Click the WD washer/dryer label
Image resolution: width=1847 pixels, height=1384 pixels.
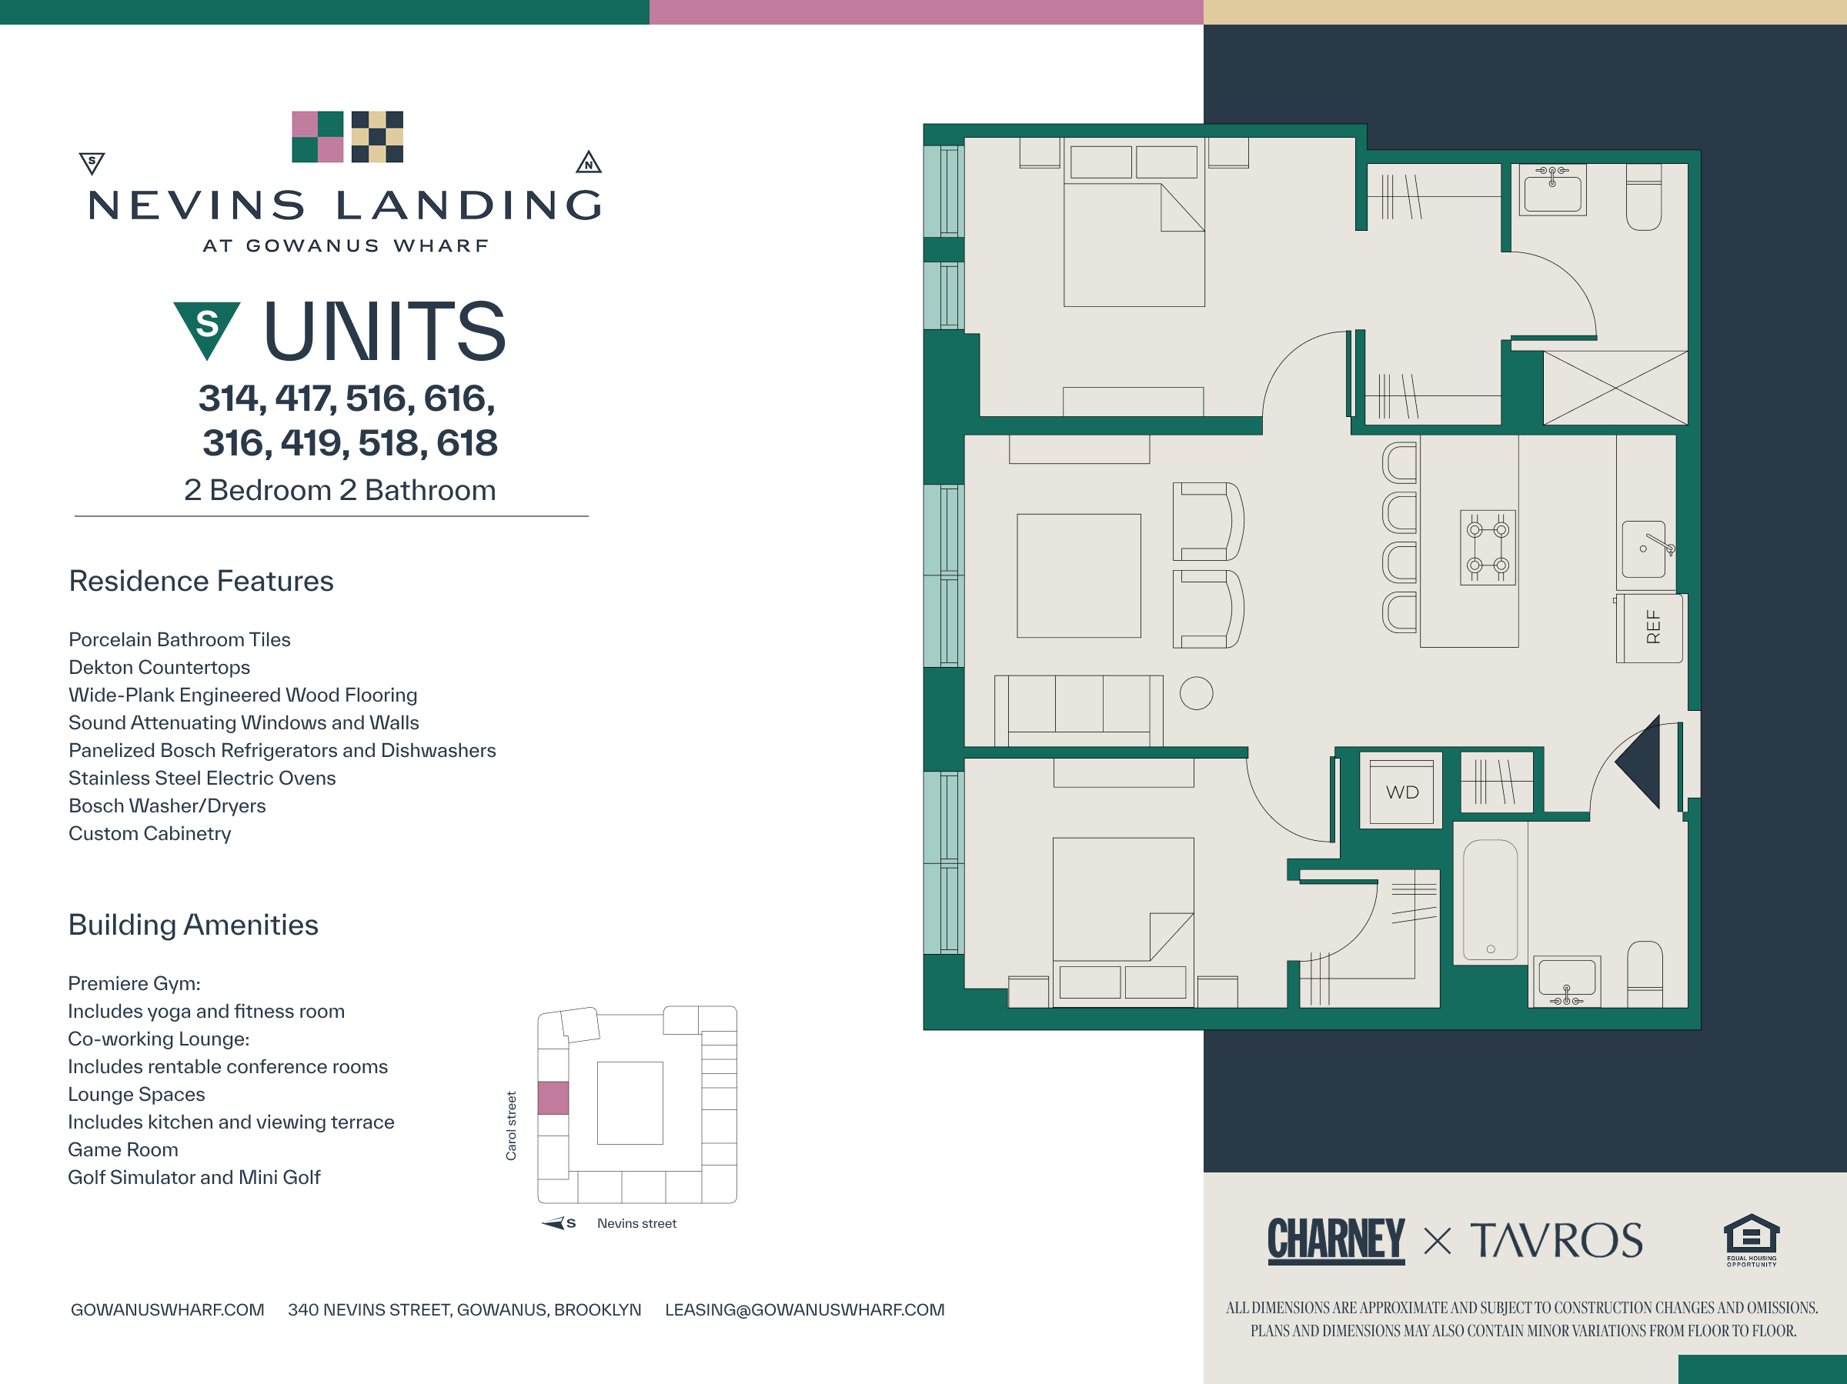1402,792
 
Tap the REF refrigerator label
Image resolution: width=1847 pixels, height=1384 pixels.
1652,627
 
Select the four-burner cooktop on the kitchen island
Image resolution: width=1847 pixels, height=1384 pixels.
1488,548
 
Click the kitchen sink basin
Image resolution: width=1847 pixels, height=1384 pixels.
1644,549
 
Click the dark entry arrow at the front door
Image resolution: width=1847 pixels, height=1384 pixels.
1638,762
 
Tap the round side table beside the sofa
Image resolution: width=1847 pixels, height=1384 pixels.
1197,693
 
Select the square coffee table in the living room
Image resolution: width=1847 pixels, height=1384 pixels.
1079,576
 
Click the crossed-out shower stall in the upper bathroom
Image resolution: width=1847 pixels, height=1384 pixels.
1615,389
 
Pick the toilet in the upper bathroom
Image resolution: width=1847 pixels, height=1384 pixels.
1644,197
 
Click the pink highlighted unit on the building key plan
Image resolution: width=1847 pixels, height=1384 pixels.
553,1098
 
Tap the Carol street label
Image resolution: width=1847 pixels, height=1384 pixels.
511,1126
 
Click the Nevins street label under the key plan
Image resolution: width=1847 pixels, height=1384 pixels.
636,1223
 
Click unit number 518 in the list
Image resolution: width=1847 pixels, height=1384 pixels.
392,443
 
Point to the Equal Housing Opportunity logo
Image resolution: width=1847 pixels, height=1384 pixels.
1752,1239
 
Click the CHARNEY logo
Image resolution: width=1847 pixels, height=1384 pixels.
1336,1239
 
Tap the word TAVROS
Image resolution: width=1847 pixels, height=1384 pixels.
1556,1240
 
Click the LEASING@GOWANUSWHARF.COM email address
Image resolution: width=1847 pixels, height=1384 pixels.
805,1309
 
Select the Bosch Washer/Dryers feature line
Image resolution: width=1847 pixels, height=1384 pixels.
167,805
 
